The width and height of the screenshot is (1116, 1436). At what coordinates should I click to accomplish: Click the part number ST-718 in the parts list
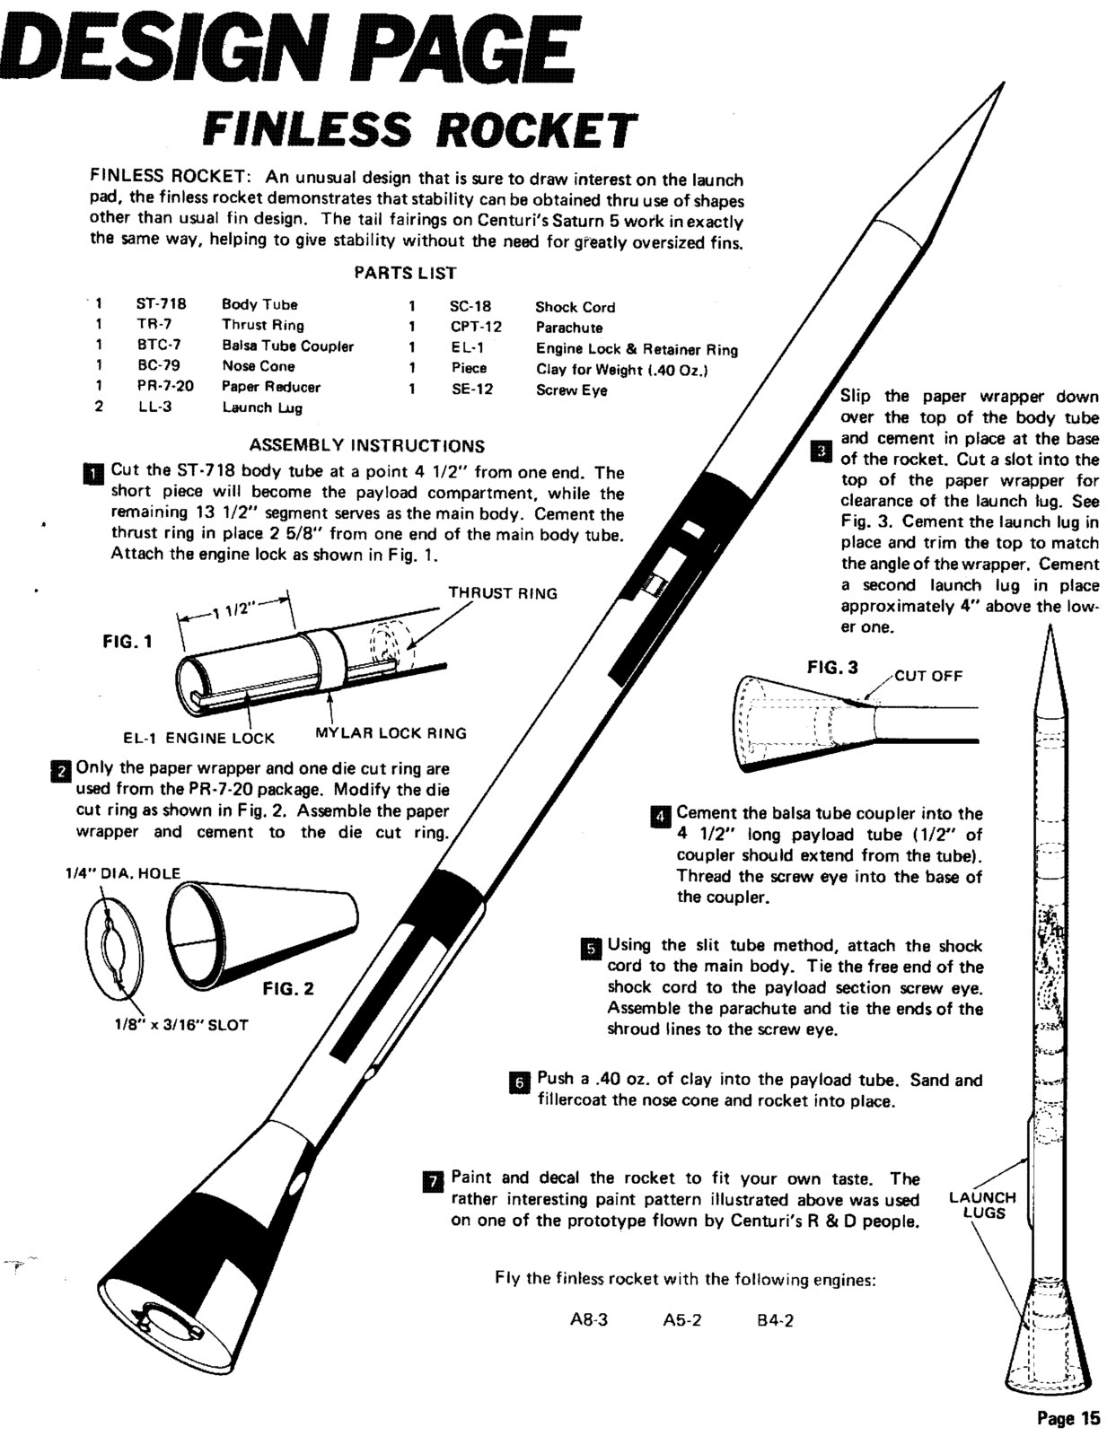(x=161, y=304)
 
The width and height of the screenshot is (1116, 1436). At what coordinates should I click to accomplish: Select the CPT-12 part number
(x=476, y=328)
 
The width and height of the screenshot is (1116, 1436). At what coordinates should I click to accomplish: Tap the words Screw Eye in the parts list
(x=571, y=390)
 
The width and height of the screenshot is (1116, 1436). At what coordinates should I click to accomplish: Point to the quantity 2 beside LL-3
(x=99, y=407)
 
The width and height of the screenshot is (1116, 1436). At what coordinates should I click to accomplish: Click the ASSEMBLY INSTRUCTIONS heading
(x=366, y=445)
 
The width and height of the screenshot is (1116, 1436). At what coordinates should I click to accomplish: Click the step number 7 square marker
(x=431, y=1181)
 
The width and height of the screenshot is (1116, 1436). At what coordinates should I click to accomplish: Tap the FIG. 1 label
(x=127, y=642)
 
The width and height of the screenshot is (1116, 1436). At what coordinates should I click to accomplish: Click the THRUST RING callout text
(x=502, y=593)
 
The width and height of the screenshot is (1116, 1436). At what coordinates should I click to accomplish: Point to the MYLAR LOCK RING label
(x=391, y=733)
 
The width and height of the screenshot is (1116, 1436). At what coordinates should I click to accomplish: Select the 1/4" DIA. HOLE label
(x=122, y=873)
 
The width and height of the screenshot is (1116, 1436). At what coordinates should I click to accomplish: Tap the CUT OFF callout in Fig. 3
(x=928, y=676)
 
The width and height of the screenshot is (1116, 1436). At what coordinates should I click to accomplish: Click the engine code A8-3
(x=589, y=1321)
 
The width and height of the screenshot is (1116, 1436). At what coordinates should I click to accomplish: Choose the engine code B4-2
(x=775, y=1321)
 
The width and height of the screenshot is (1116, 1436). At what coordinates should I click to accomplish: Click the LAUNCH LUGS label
(x=982, y=1205)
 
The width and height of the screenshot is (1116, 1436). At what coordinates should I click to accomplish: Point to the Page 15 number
(x=1068, y=1418)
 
